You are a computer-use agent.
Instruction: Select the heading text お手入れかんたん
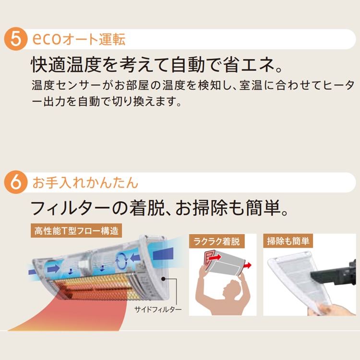tap(85, 183)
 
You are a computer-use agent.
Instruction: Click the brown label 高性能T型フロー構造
tap(76, 231)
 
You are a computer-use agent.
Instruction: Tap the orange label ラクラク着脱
tap(217, 241)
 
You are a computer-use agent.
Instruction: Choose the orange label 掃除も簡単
tap(288, 241)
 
